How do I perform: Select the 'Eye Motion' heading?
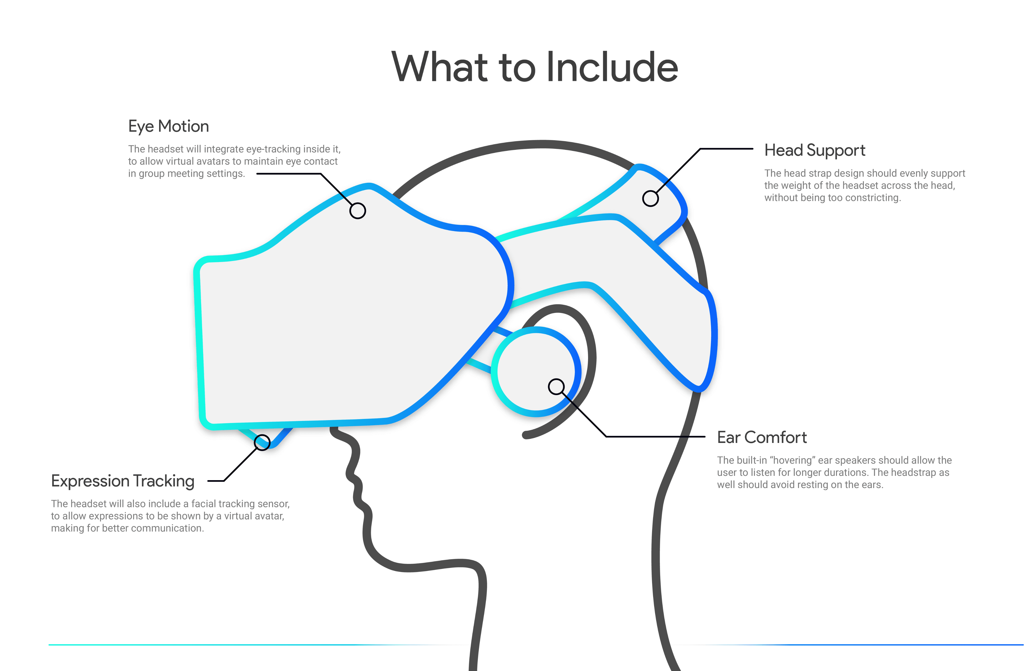click(168, 126)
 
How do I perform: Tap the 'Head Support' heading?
click(814, 150)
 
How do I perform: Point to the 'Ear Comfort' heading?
click(762, 437)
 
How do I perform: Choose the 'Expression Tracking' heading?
click(122, 481)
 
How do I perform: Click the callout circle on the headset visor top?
click(357, 211)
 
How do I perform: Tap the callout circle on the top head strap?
click(650, 199)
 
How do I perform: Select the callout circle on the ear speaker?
click(556, 387)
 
